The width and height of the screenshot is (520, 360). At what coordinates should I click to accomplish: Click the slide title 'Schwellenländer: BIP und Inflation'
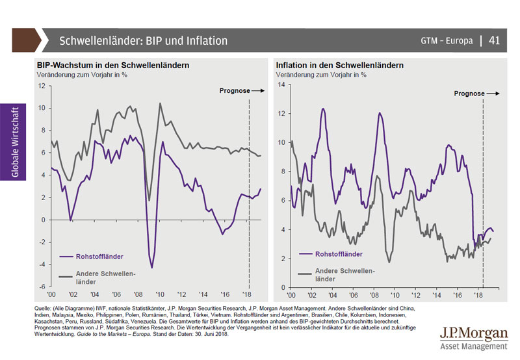pos(144,41)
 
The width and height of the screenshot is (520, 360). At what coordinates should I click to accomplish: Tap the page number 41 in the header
pos(494,41)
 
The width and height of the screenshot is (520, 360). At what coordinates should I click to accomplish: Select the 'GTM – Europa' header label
pos(447,41)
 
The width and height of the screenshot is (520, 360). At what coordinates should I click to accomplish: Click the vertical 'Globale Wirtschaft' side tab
pos(14,141)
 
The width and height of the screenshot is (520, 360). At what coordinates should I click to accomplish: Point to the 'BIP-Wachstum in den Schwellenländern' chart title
pos(112,66)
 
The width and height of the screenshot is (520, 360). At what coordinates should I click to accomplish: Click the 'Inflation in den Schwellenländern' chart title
pos(339,66)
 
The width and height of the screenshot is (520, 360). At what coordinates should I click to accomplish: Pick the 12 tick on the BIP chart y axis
pos(42,86)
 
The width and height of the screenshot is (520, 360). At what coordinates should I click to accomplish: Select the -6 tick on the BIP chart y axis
pos(41,287)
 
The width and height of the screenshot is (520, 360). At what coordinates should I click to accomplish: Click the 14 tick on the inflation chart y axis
pos(281,85)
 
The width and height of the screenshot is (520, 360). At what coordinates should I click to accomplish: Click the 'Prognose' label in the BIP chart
pos(235,91)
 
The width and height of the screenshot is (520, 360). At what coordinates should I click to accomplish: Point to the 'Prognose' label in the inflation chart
pos(469,94)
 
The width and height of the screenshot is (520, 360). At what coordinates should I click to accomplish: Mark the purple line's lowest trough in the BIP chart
pos(152,267)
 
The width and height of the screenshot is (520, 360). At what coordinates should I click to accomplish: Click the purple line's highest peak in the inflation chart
pos(323,109)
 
